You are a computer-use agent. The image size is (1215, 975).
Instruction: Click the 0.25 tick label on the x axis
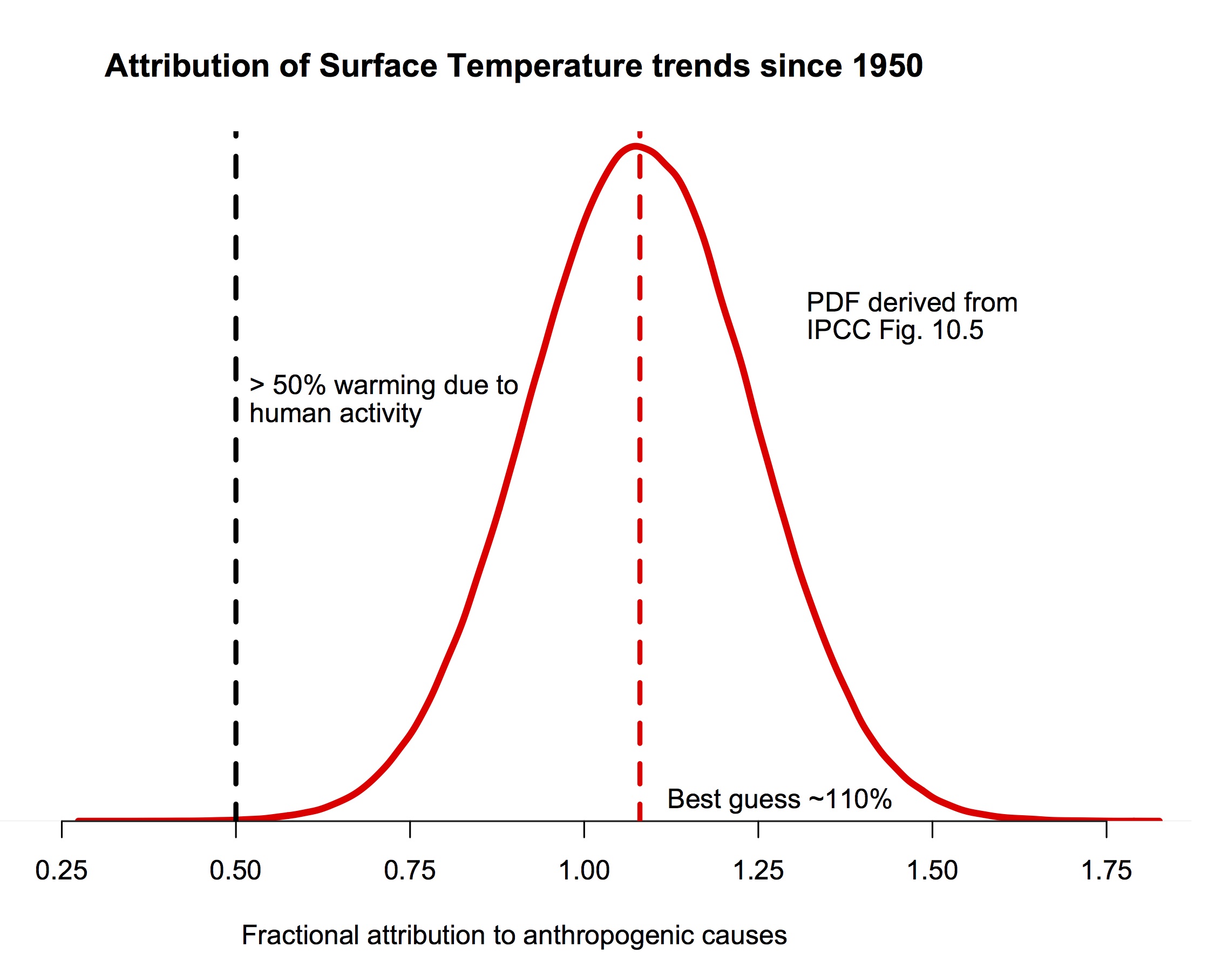[62, 871]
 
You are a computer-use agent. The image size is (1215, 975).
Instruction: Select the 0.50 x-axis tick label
[235, 871]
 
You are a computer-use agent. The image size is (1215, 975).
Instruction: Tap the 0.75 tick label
[410, 871]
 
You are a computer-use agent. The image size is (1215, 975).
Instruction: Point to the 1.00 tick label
[584, 871]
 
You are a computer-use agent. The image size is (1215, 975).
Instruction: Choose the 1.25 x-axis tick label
[758, 871]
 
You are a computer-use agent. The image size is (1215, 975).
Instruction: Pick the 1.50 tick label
[932, 871]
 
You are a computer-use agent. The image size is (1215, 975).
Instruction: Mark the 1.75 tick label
[1106, 871]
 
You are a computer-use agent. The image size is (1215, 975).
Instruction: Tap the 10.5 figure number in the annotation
[958, 330]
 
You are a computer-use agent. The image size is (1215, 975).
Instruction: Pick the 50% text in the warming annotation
[298, 385]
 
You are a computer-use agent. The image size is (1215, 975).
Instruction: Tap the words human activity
[335, 414]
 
